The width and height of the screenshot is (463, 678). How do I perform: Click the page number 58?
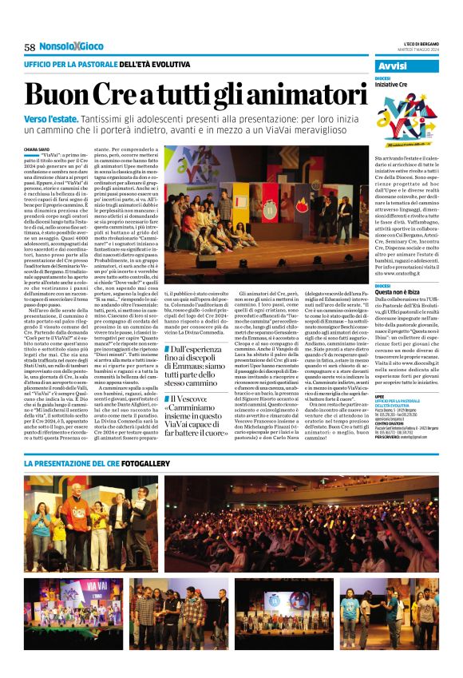30,48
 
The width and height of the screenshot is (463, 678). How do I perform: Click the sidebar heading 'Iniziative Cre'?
397,84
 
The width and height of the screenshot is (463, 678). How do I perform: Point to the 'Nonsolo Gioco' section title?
79,47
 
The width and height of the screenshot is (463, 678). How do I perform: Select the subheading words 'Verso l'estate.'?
53,119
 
